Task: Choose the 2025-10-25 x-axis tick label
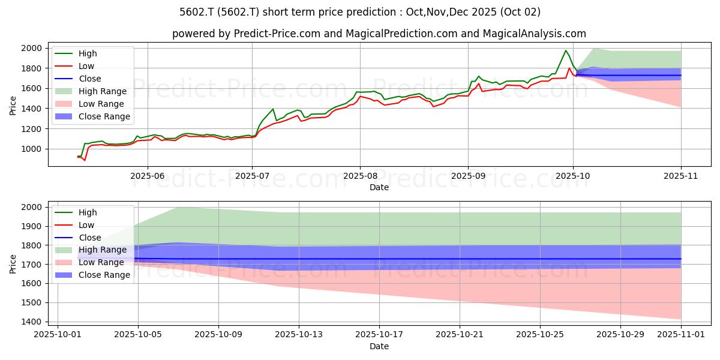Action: point(540,334)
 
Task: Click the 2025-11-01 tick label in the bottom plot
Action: point(681,334)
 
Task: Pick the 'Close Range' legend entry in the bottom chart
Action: point(104,275)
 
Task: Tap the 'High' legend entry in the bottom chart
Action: point(87,212)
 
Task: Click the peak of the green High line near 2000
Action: point(565,50)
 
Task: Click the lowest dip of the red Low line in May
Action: point(85,160)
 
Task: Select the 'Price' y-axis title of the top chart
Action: point(13,105)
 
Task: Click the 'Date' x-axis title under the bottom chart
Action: point(379,347)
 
